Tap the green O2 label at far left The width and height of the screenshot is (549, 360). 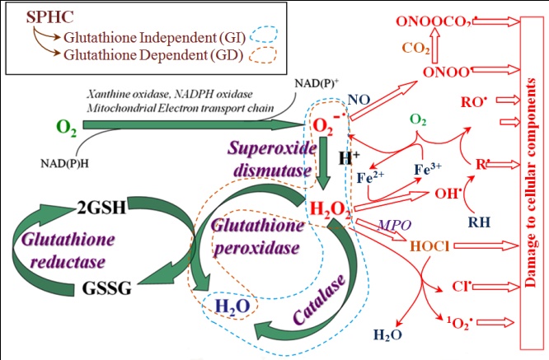pyautogui.click(x=67, y=127)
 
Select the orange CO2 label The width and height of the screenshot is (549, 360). pyautogui.click(x=416, y=49)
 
